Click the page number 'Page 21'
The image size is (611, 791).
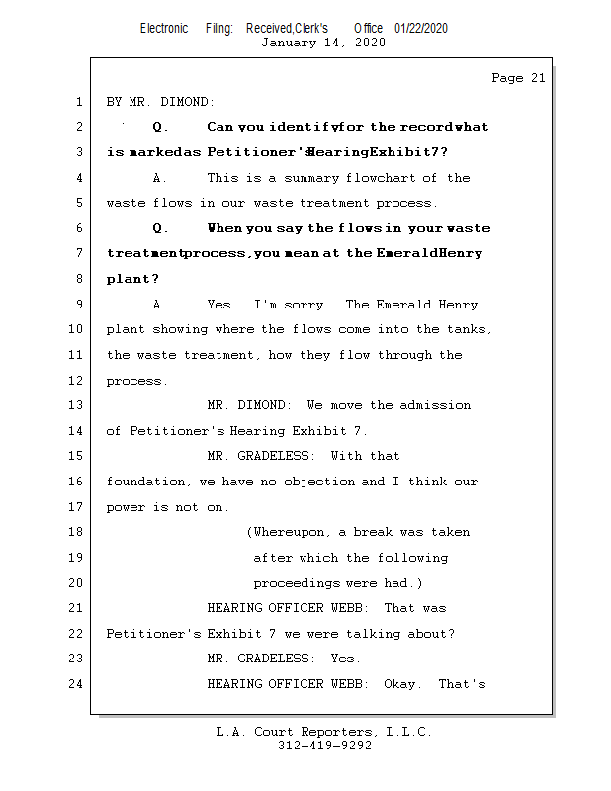[518, 78]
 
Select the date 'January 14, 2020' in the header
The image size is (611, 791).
[322, 43]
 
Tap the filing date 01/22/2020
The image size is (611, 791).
[420, 28]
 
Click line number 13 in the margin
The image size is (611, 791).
[77, 405]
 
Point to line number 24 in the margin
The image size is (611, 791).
[77, 683]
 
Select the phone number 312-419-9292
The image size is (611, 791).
[324, 747]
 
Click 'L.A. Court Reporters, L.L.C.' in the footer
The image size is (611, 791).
[324, 732]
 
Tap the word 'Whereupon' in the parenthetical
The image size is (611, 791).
[291, 532]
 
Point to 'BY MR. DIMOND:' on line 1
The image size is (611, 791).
[160, 102]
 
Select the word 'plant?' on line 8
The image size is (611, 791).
[129, 279]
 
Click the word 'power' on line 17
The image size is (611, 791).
[126, 507]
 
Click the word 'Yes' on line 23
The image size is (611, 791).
[344, 659]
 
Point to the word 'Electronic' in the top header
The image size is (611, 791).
[164, 28]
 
